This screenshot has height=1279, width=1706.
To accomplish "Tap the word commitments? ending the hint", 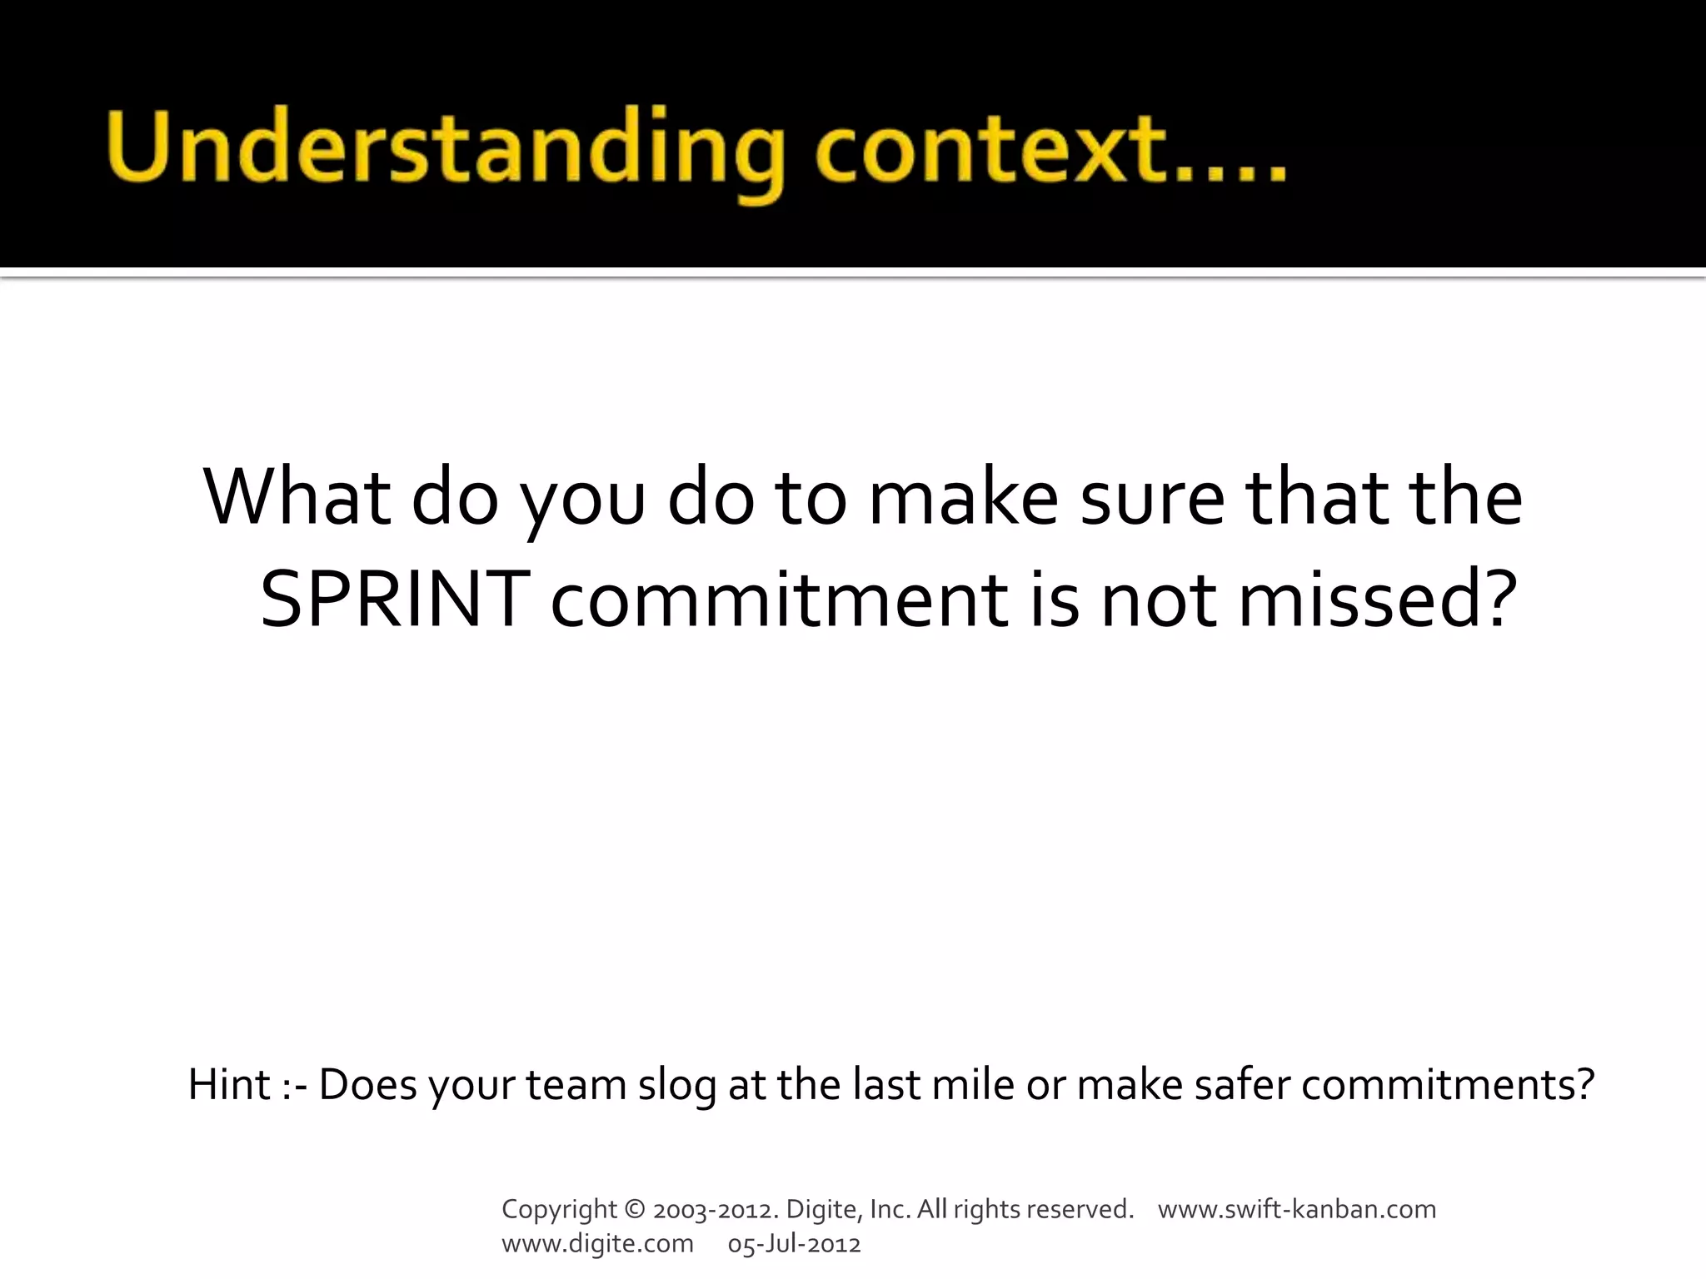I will tap(1447, 1084).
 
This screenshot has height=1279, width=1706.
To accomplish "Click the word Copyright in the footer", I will tap(559, 1209).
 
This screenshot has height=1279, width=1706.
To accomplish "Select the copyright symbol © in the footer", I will tap(634, 1209).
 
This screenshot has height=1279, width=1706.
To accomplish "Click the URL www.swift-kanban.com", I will tap(1296, 1209).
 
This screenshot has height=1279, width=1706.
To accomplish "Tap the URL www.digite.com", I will tap(597, 1244).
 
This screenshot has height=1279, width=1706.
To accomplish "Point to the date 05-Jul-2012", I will tap(794, 1244).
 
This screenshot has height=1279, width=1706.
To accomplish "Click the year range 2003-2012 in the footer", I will tap(716, 1209).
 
